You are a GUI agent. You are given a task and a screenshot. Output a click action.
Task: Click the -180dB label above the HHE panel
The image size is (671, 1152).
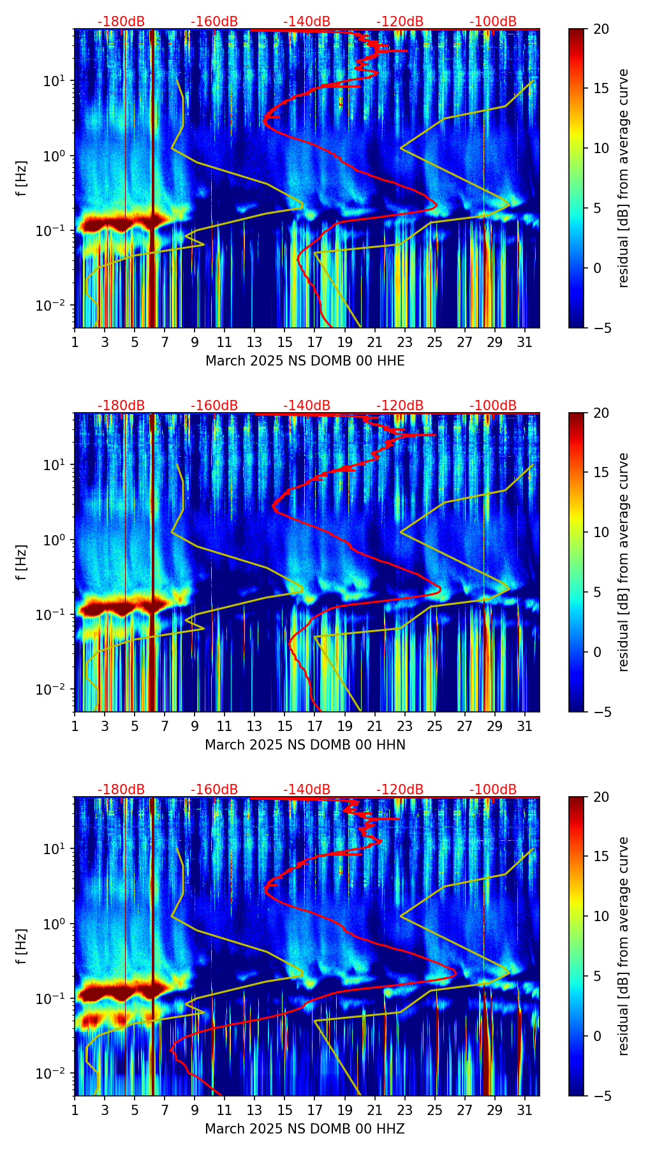pos(121,22)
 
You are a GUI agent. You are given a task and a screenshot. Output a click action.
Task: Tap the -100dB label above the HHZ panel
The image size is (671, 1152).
pos(493,790)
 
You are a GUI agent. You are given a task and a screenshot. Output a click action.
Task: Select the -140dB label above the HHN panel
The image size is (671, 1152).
pos(307,406)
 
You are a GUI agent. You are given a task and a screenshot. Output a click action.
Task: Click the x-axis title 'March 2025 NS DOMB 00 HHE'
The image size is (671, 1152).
pos(305,361)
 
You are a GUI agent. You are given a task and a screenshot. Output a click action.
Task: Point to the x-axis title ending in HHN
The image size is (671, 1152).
pos(305,745)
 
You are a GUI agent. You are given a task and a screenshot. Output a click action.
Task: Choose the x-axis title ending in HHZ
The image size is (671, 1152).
pos(305,1129)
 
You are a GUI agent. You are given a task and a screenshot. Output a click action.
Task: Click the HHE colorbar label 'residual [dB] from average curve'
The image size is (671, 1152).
pos(624,178)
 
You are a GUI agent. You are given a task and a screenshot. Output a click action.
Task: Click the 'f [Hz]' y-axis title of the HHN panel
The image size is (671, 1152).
pos(22,562)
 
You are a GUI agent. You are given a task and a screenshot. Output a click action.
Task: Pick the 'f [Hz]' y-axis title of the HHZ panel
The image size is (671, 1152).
pos(22,946)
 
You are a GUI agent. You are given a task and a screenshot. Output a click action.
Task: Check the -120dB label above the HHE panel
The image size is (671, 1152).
pos(400,22)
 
